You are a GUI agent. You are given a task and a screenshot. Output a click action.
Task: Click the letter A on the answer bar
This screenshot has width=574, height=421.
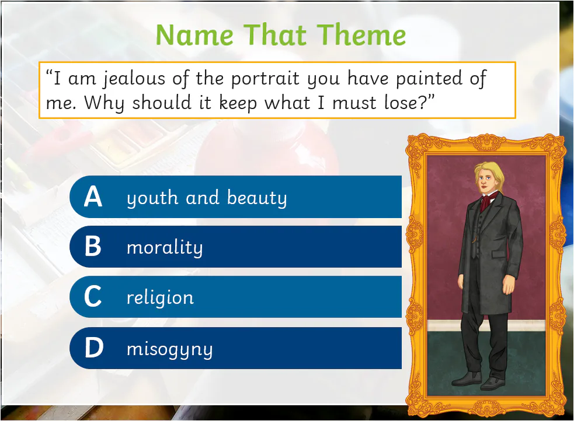pyautogui.click(x=93, y=198)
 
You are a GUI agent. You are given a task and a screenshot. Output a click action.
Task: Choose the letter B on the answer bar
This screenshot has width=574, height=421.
pyautogui.click(x=93, y=247)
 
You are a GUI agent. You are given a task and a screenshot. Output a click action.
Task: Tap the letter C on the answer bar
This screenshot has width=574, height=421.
pyautogui.click(x=93, y=297)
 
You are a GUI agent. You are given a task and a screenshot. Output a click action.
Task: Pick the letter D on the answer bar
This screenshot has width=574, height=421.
pyautogui.click(x=93, y=349)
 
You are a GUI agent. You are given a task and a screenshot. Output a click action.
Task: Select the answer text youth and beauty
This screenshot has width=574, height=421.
pyautogui.click(x=207, y=198)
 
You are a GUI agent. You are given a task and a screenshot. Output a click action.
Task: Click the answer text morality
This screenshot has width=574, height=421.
pyautogui.click(x=165, y=248)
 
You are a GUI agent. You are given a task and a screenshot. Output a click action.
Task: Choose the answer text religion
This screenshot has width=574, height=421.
pyautogui.click(x=160, y=298)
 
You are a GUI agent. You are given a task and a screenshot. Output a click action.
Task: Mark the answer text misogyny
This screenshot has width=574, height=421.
pyautogui.click(x=169, y=350)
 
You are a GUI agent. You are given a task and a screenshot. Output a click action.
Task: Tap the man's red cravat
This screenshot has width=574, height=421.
pyautogui.click(x=486, y=202)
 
